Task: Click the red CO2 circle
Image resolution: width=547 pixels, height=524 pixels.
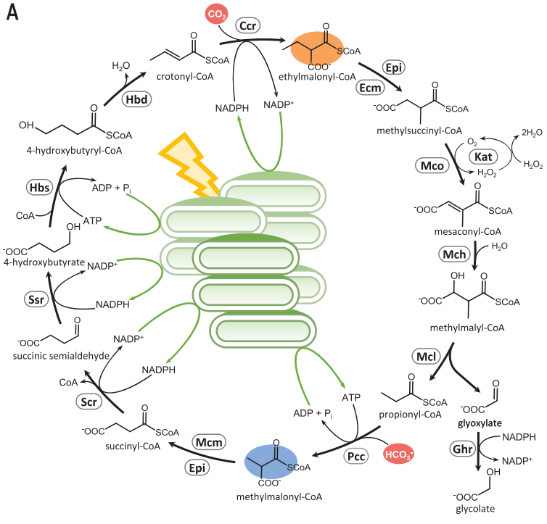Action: tap(216, 14)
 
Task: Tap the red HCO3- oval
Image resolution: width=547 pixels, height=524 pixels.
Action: tap(398, 454)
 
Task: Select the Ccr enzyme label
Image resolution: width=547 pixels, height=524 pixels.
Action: tap(248, 25)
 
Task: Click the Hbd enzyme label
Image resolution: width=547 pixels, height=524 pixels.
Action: tap(136, 99)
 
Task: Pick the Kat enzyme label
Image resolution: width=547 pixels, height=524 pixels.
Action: tap(483, 157)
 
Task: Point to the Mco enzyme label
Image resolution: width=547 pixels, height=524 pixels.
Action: tap(432, 165)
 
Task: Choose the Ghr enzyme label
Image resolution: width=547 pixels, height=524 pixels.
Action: tap(463, 449)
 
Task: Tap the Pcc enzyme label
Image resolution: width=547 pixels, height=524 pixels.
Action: tap(355, 456)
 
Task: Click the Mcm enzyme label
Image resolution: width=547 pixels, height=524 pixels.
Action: tap(209, 442)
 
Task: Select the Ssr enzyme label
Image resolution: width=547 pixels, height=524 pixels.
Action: tap(36, 299)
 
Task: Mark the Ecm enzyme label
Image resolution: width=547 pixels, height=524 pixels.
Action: tap(370, 88)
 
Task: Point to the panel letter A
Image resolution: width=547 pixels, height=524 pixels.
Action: tap(12, 12)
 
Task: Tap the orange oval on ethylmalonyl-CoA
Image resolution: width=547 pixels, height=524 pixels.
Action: tap(317, 49)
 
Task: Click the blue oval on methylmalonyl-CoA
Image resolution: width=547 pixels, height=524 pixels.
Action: tap(271, 462)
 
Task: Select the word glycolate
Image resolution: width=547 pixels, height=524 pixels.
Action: tap(475, 509)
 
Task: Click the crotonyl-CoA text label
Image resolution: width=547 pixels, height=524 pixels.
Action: tap(185, 77)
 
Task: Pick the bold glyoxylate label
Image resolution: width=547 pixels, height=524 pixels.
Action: tap(480, 423)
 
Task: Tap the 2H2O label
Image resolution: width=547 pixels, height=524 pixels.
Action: tap(532, 133)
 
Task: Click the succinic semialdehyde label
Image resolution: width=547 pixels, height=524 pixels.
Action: tap(61, 356)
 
